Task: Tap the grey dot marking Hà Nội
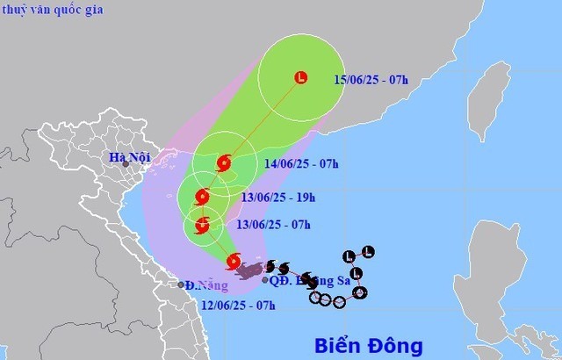[126, 164]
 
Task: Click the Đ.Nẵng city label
[201, 285]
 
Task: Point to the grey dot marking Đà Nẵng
[181, 284]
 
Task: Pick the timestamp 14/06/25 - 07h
[299, 162]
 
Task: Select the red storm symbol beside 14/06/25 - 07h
[223, 163]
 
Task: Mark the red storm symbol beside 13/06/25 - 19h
[203, 197]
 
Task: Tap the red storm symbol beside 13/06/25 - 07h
[202, 226]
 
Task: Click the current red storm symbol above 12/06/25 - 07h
[233, 261]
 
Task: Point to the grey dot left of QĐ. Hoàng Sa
[265, 280]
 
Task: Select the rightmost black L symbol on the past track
[367, 253]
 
